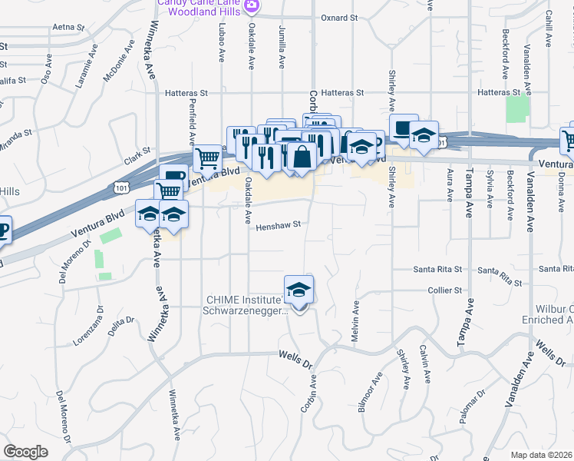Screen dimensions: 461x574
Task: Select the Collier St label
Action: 447,290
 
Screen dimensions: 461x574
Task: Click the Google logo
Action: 25,452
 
